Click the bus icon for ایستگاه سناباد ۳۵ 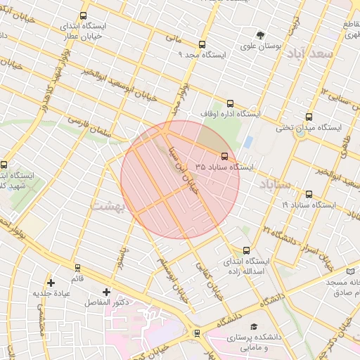pyautogui.click(x=225, y=156)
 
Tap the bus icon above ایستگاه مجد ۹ pyautogui.click(x=202, y=44)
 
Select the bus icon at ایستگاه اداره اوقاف pyautogui.click(x=231, y=103)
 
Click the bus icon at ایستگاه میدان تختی pyautogui.click(x=309, y=117)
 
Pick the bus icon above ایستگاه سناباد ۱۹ pyautogui.click(x=309, y=194)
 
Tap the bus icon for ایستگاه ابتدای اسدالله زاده pyautogui.click(x=245, y=250)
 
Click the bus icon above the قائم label pyautogui.click(x=77, y=268)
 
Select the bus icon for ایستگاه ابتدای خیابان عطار pyautogui.click(x=84, y=15)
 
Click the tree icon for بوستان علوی pyautogui.click(x=261, y=35)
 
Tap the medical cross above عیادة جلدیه pyautogui.click(x=51, y=283)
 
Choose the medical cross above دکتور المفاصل pyautogui.click(x=106, y=292)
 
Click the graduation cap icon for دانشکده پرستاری pyautogui.click(x=253, y=327)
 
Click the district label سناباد pyautogui.click(x=274, y=184)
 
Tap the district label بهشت pyautogui.click(x=109, y=205)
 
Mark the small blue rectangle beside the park pyautogui.click(x=248, y=141)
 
